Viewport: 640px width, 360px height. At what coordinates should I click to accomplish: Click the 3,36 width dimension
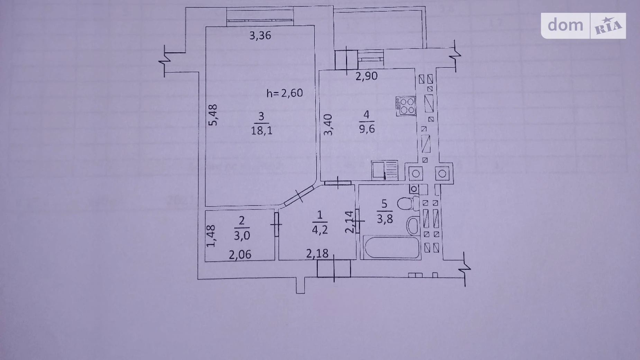point(260,35)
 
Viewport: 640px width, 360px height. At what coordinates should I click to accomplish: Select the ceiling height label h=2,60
point(284,93)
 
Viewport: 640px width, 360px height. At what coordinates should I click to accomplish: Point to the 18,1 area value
point(261,130)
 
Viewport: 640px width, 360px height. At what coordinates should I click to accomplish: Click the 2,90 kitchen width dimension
point(366,76)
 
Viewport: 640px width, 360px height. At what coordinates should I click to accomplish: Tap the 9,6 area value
point(367,128)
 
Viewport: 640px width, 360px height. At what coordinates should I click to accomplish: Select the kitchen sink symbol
point(385,171)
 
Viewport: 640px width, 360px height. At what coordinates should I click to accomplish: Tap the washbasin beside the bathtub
point(413,225)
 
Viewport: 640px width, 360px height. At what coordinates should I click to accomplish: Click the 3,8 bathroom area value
point(385,219)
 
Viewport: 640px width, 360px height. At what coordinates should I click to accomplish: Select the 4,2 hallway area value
point(320,229)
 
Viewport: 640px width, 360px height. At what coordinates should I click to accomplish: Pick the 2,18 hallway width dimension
point(317,253)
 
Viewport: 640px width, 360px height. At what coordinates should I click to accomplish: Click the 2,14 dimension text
point(350,222)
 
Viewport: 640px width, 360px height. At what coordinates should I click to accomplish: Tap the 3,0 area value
point(242,235)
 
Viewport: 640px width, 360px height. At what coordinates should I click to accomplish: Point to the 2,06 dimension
point(240,255)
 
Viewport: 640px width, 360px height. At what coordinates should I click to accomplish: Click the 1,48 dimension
point(211,236)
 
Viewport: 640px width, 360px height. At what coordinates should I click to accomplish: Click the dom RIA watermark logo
point(583,26)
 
